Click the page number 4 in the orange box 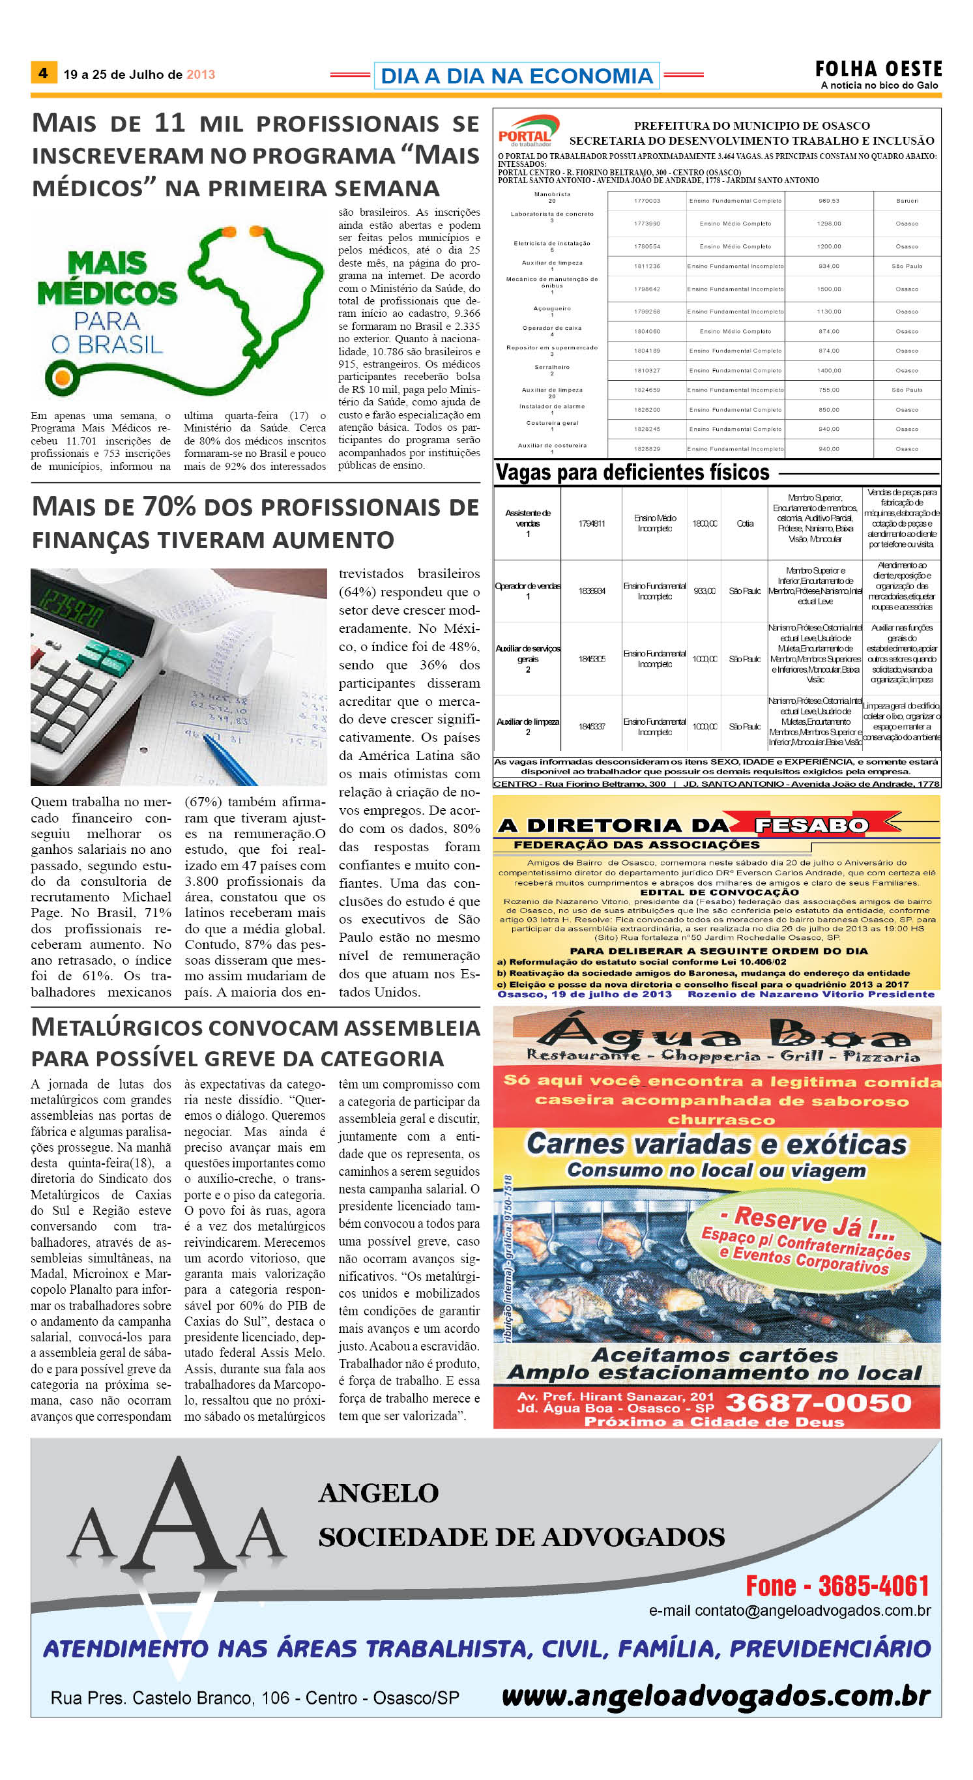coord(43,72)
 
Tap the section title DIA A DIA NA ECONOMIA coord(516,76)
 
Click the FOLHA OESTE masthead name coord(878,69)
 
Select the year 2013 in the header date coord(201,74)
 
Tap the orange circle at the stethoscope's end coord(61,377)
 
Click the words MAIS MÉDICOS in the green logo coord(107,278)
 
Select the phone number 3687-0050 coord(818,1402)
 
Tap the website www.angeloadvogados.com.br coord(715,1696)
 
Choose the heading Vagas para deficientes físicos coord(632,472)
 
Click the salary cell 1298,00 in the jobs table coord(828,223)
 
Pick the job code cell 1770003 coord(647,200)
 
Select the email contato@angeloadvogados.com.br coord(789,1611)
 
